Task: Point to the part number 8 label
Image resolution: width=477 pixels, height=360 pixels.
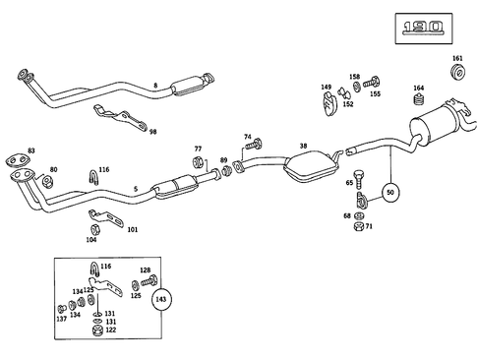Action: (154, 87)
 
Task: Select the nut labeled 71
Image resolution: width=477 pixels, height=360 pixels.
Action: (355, 226)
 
